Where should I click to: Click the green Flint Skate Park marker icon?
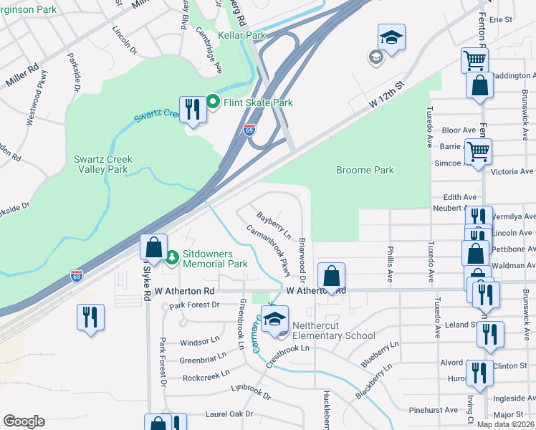coord(213,102)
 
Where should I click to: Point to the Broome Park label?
coord(365,170)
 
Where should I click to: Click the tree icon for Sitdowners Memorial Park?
coord(171,257)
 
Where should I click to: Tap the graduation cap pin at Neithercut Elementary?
coord(274,319)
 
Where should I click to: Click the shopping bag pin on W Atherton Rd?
coord(331,276)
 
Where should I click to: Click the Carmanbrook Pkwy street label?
coord(270,251)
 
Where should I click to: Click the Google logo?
coord(24,421)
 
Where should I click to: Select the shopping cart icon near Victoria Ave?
coord(478,152)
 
